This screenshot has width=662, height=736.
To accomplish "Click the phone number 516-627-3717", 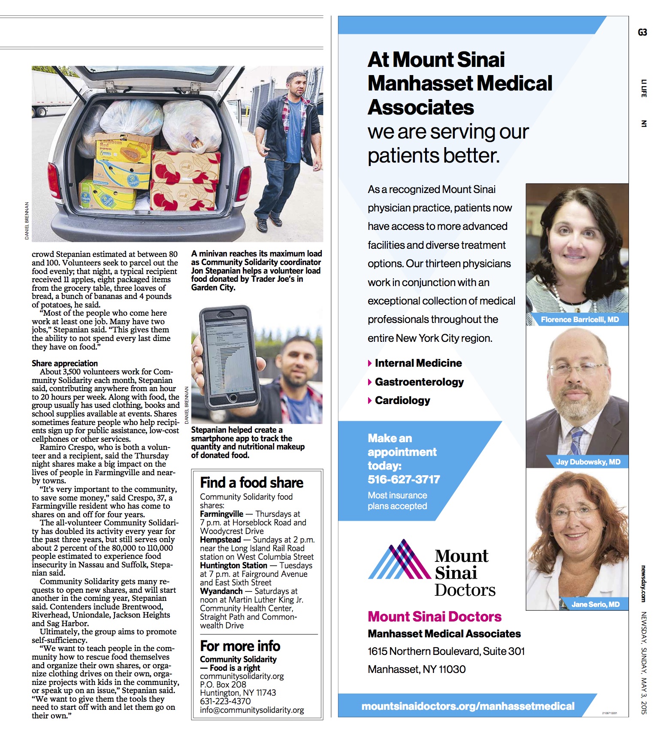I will click(404, 479).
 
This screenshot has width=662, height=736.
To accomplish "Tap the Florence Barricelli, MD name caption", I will click(579, 320).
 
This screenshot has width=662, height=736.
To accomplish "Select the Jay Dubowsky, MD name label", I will click(588, 462).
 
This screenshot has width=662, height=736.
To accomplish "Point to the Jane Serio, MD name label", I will click(595, 604).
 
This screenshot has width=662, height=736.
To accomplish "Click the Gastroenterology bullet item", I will click(419, 382).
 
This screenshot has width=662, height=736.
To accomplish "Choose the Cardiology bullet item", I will click(402, 400).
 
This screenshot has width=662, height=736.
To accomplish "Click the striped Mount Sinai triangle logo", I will click(399, 560).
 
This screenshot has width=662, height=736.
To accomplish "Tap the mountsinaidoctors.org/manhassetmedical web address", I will click(468, 706).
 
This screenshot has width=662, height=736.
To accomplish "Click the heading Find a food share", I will click(251, 483).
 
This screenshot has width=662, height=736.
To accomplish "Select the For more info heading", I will click(240, 646).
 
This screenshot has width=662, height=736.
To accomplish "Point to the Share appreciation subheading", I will click(64, 363).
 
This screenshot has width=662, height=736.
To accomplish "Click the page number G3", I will click(642, 32).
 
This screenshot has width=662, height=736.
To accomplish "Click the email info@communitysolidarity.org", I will click(252, 710).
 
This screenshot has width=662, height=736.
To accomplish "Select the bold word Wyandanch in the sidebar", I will click(221, 591).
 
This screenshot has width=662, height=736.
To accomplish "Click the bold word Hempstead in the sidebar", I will click(220, 540).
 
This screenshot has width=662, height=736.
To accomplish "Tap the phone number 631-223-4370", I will click(225, 701).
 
